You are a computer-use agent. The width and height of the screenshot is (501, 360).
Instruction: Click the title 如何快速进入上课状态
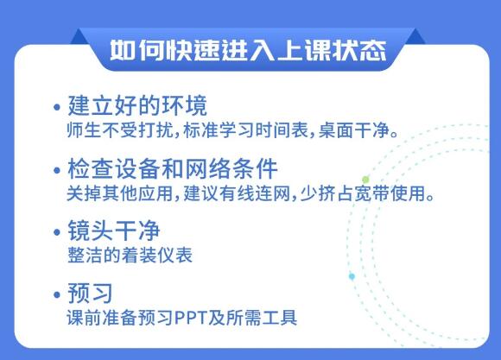[x=248, y=50]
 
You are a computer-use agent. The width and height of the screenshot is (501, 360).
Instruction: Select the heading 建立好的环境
[x=137, y=105]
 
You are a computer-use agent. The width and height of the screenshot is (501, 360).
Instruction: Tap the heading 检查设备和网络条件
[x=173, y=168]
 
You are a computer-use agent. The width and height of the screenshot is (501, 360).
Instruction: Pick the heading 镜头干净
[x=114, y=231]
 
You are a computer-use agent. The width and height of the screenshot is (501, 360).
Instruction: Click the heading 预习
[x=90, y=293]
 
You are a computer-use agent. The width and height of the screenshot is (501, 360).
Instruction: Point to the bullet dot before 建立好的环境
[x=57, y=107]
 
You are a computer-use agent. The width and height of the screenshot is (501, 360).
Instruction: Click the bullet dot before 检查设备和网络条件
[x=57, y=169]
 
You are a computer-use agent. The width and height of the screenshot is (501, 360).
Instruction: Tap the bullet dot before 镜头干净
[x=57, y=232]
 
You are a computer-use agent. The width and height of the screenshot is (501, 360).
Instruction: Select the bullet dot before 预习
[x=57, y=294]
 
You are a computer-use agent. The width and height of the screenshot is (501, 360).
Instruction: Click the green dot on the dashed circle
[x=365, y=180]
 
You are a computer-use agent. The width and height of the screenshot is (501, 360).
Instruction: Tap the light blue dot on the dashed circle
[x=352, y=276]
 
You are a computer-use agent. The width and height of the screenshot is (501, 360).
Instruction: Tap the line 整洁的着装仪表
[x=130, y=256]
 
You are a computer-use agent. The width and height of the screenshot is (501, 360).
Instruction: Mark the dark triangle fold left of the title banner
[x=79, y=36]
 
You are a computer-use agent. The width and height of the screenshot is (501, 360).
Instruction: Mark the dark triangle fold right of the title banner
[x=415, y=36]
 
